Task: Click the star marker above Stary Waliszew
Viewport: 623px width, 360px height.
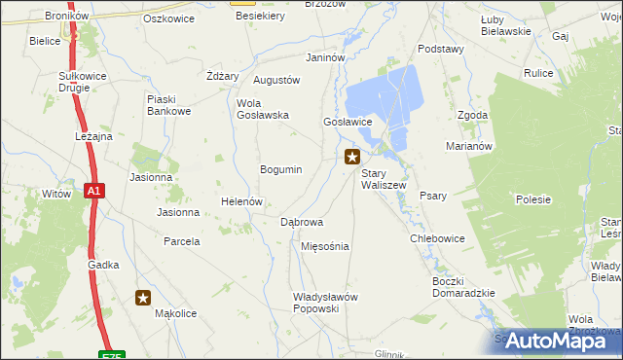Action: coord(352,156)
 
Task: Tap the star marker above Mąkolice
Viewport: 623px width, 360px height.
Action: coord(144,299)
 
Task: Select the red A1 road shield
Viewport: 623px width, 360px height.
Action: coord(92,192)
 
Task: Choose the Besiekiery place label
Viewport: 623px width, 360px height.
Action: coord(258,17)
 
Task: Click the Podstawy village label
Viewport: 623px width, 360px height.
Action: coord(440,49)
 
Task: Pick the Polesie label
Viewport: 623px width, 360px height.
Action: coord(533,199)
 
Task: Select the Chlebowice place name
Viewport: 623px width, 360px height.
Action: coord(437,238)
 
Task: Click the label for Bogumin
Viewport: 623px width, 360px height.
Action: coord(280,169)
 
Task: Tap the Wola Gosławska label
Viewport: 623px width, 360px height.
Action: coord(263,109)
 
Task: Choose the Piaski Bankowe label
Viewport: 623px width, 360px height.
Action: coord(168,105)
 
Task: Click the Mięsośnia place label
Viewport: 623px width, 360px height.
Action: coord(325,246)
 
